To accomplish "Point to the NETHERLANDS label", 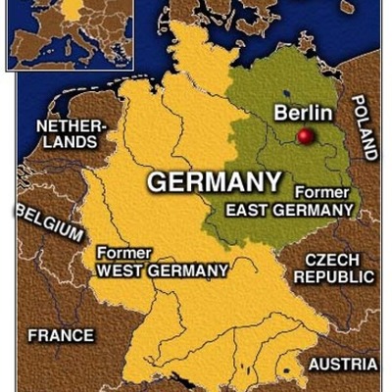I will pyautogui.click(x=70, y=134).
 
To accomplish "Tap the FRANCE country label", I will pyautogui.click(x=61, y=335).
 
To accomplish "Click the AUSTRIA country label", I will pyautogui.click(x=342, y=364).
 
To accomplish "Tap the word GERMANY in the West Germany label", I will pyautogui.click(x=187, y=269).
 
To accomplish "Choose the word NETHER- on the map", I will pyautogui.click(x=71, y=126).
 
